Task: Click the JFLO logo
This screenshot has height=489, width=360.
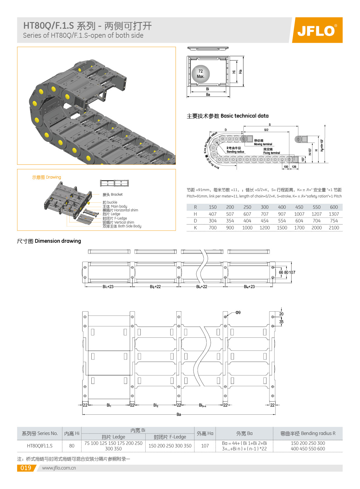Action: click(x=317, y=30)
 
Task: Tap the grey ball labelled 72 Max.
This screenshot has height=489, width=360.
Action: click(x=200, y=74)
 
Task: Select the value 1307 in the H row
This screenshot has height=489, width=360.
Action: click(x=334, y=214)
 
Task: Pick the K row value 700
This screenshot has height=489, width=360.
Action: click(x=213, y=228)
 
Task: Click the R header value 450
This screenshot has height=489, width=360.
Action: click(x=299, y=207)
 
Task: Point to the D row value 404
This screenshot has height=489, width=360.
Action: click(x=247, y=221)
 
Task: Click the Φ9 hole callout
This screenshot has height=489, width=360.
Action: click(x=238, y=312)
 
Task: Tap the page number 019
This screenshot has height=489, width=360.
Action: click(x=26, y=468)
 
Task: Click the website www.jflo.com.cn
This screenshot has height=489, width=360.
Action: click(x=59, y=468)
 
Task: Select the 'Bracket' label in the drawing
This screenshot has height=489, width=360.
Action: click(x=113, y=195)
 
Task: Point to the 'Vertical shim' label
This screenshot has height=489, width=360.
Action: click(x=118, y=222)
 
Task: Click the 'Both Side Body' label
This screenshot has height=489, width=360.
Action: click(x=122, y=226)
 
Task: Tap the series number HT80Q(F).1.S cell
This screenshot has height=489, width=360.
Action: click(x=40, y=446)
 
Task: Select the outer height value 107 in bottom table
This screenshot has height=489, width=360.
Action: click(x=205, y=446)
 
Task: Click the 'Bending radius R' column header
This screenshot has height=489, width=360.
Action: click(x=307, y=433)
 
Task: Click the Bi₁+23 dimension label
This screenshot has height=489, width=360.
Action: click(x=108, y=287)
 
